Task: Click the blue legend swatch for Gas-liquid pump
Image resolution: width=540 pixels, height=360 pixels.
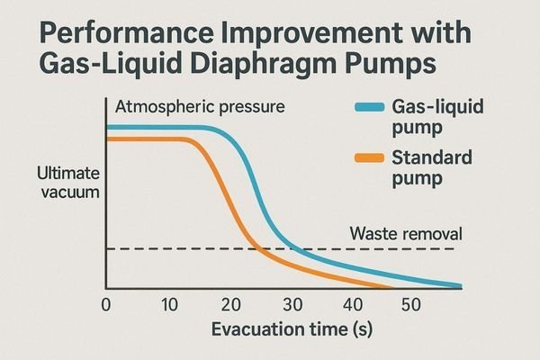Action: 367,107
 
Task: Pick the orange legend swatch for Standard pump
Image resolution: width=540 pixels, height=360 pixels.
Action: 367,160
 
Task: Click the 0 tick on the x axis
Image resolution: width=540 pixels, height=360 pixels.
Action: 106,304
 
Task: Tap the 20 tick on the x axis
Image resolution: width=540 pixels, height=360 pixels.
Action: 230,304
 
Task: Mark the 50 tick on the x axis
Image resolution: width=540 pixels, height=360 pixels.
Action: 410,304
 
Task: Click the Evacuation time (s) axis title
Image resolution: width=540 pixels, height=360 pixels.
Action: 292,329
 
